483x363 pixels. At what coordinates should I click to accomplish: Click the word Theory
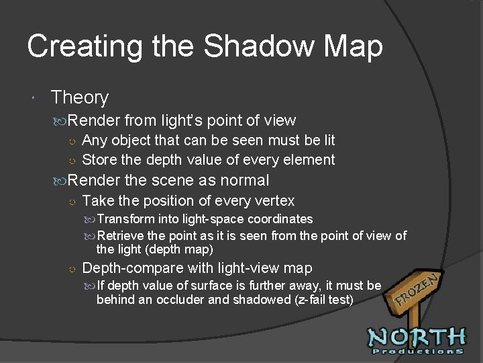(x=79, y=97)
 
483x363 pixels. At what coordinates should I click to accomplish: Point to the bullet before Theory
(x=33, y=98)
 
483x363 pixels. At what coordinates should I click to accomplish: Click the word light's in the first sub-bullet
(x=182, y=121)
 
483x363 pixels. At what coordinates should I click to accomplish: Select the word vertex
(x=274, y=201)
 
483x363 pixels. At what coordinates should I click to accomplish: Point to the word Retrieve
(x=121, y=236)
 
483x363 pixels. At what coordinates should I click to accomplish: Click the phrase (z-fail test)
(x=324, y=299)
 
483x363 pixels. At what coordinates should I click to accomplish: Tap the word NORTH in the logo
(x=417, y=335)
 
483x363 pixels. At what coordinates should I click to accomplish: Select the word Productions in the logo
(x=417, y=351)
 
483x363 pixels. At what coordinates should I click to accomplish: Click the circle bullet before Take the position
(x=72, y=201)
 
